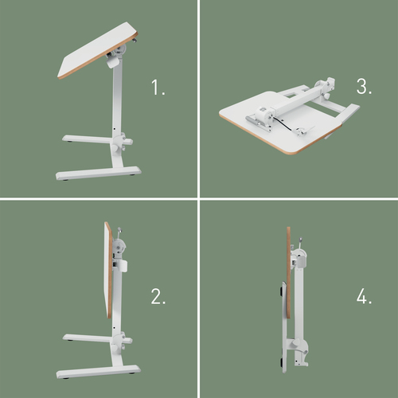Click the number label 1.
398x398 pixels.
click(x=158, y=88)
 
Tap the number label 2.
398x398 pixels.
click(x=158, y=298)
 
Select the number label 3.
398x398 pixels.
click(x=364, y=88)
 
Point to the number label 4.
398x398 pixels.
click(x=365, y=298)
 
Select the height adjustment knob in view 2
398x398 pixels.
click(x=124, y=343)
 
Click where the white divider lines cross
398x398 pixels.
click(x=199, y=199)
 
